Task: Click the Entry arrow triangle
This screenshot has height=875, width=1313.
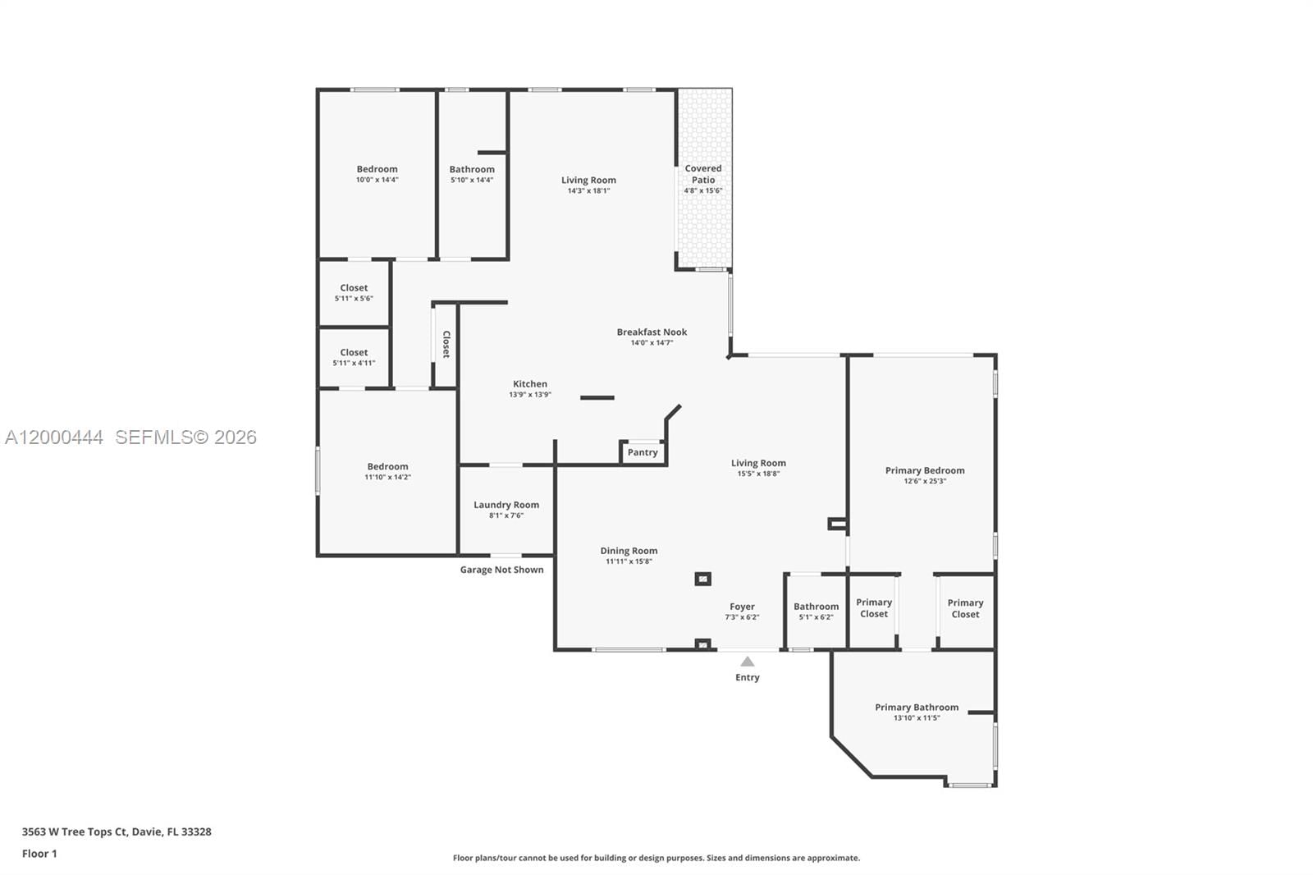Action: pyautogui.click(x=747, y=662)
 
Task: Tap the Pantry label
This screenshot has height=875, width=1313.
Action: pyautogui.click(x=643, y=452)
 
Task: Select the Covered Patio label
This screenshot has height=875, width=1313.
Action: pyautogui.click(x=703, y=174)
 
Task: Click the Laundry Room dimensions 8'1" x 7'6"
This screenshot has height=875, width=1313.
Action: pyautogui.click(x=506, y=515)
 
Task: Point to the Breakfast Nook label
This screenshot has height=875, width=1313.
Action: pyautogui.click(x=652, y=332)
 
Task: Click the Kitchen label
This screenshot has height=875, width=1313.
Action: pyautogui.click(x=530, y=383)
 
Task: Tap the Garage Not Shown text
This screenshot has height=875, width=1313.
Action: pyautogui.click(x=501, y=570)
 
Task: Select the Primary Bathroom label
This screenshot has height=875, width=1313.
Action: pyautogui.click(x=916, y=707)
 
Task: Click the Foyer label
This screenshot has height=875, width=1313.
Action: pyautogui.click(x=742, y=607)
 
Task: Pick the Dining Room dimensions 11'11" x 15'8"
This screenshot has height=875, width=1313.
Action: pyautogui.click(x=629, y=561)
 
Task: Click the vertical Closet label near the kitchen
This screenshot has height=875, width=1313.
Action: pyautogui.click(x=446, y=344)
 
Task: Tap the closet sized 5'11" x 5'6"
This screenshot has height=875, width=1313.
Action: pyautogui.click(x=354, y=292)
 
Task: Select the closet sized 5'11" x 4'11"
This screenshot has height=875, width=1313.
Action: pyautogui.click(x=354, y=357)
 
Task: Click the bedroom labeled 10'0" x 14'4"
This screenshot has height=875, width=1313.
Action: pyautogui.click(x=377, y=174)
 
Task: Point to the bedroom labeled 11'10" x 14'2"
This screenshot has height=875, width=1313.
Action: pyautogui.click(x=387, y=471)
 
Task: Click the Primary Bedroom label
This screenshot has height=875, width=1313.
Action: pyautogui.click(x=924, y=470)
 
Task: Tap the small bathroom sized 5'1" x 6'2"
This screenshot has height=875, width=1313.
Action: pyautogui.click(x=816, y=612)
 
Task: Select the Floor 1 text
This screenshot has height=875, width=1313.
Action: pyautogui.click(x=39, y=854)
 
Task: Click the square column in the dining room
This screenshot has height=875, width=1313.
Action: pyautogui.click(x=702, y=579)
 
